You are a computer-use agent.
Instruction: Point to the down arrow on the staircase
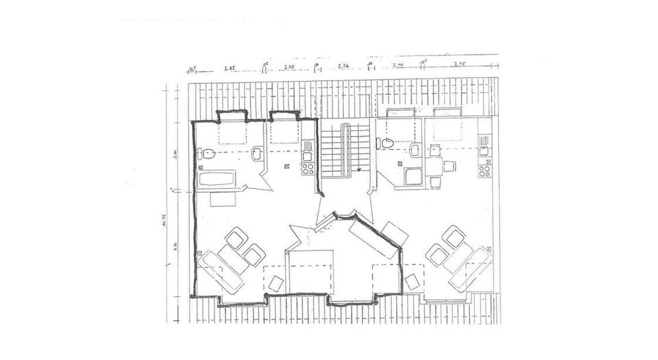click(x=358, y=166)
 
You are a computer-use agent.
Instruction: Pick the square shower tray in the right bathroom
click(x=414, y=177)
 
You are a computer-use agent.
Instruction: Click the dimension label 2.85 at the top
click(x=229, y=67)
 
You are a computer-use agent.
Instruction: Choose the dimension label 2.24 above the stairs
click(x=344, y=67)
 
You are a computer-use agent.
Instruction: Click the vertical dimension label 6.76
click(x=176, y=245)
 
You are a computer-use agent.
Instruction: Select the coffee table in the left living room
click(x=236, y=256)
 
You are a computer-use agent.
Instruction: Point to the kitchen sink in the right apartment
click(x=483, y=151)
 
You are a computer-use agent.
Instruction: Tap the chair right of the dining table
click(x=450, y=166)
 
